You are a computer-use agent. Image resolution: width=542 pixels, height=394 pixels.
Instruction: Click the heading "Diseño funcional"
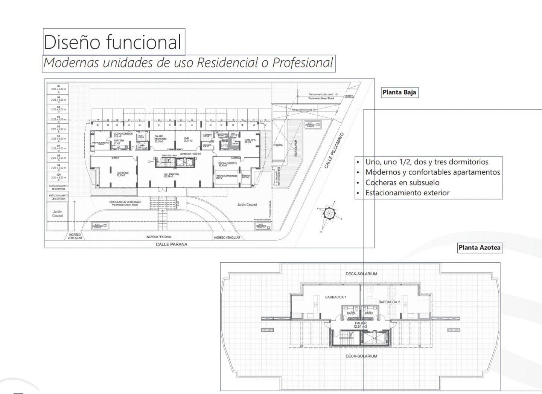point(113,41)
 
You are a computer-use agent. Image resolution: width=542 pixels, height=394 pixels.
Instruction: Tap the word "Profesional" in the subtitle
point(303,63)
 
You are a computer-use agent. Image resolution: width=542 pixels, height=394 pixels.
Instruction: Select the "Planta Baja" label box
point(399,92)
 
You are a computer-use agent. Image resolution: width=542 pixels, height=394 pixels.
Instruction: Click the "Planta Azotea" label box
point(480,248)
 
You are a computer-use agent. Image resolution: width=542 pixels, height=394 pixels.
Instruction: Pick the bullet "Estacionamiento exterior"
point(407,193)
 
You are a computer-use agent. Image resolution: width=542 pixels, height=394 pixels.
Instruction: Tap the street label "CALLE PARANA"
point(171,244)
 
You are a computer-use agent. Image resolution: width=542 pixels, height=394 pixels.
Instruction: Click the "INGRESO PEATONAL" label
point(159,237)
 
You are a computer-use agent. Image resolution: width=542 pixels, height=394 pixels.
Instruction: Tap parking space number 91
point(58,89)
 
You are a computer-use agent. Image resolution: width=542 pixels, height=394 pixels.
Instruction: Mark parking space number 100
point(58,176)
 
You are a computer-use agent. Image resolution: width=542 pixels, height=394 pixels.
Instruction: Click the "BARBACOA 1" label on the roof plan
point(336,297)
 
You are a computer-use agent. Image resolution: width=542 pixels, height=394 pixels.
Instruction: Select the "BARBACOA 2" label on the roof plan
point(389,302)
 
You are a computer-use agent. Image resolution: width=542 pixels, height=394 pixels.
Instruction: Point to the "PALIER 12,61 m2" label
point(360,325)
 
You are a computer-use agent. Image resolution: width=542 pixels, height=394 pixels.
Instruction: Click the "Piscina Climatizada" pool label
point(226,177)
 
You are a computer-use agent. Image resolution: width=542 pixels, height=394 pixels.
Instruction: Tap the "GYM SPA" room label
point(247,140)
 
